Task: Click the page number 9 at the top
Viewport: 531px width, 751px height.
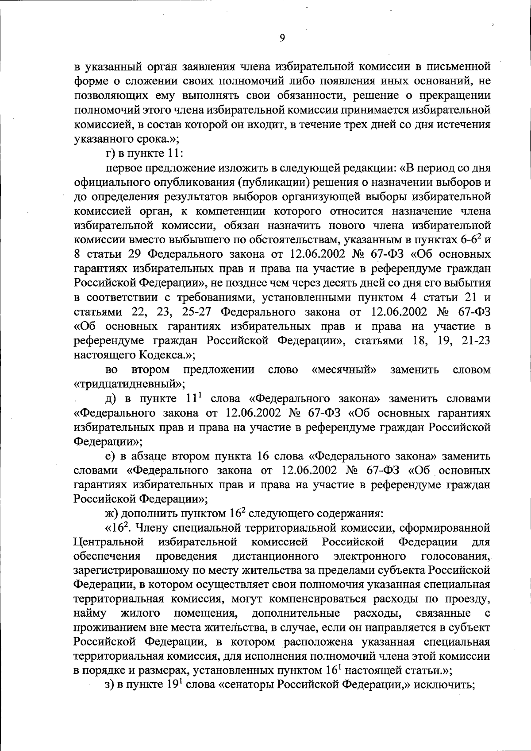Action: (282, 38)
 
